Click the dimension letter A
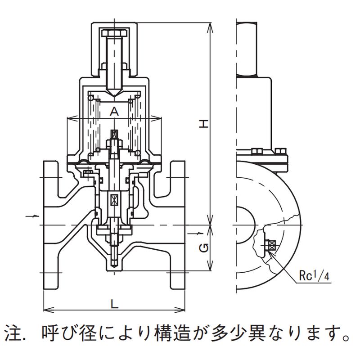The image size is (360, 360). coord(114,111)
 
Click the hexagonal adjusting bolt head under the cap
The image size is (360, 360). coord(115,33)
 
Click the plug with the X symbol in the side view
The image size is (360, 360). coord(272,245)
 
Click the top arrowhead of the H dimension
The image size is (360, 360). coord(210,25)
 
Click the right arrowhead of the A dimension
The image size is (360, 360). coord(159,118)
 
